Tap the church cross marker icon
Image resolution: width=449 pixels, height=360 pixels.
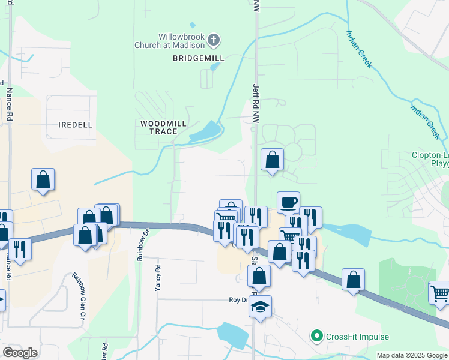(x=214, y=41)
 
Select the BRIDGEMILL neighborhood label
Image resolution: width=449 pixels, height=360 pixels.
(x=198, y=58)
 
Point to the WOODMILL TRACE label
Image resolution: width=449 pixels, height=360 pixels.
(x=163, y=127)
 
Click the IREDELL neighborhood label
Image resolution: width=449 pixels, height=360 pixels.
(x=76, y=125)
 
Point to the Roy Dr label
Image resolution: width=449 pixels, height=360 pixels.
(x=238, y=299)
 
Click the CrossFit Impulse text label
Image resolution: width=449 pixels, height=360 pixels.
(x=358, y=337)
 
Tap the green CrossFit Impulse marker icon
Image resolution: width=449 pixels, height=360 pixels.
(x=318, y=337)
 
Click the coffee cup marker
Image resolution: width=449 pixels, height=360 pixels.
(x=288, y=202)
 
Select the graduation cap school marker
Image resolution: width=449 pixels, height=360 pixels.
(x=261, y=307)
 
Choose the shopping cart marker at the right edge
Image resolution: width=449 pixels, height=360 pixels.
(x=439, y=293)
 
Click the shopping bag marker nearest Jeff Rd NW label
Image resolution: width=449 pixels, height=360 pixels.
(x=273, y=160)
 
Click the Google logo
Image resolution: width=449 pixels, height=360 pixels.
(x=20, y=353)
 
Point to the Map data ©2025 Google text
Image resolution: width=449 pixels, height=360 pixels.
(x=412, y=355)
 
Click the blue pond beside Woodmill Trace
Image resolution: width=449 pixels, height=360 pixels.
(x=206, y=131)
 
